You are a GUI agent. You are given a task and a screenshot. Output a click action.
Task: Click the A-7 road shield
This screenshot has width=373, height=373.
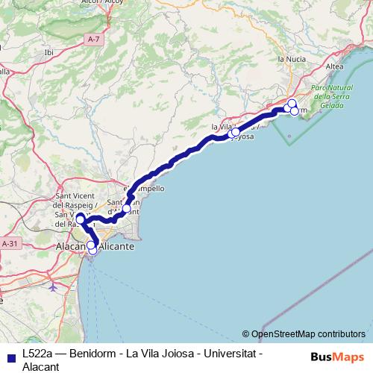93,39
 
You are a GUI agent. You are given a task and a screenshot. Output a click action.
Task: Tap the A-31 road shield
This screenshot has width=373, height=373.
10,243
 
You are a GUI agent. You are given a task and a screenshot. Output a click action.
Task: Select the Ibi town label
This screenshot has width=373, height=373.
49,52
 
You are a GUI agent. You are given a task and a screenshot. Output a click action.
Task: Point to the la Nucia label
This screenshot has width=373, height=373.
291,58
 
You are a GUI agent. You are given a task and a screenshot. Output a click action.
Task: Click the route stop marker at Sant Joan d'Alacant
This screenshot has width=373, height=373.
126,208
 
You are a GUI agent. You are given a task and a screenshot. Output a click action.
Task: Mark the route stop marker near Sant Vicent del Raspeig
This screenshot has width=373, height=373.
80,218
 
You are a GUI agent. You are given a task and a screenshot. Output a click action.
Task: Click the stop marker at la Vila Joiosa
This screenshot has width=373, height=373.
235,133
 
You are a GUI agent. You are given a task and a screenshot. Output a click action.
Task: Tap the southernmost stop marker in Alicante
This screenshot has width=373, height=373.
93,251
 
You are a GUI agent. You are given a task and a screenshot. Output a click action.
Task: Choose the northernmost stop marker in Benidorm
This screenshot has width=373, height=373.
292,103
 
